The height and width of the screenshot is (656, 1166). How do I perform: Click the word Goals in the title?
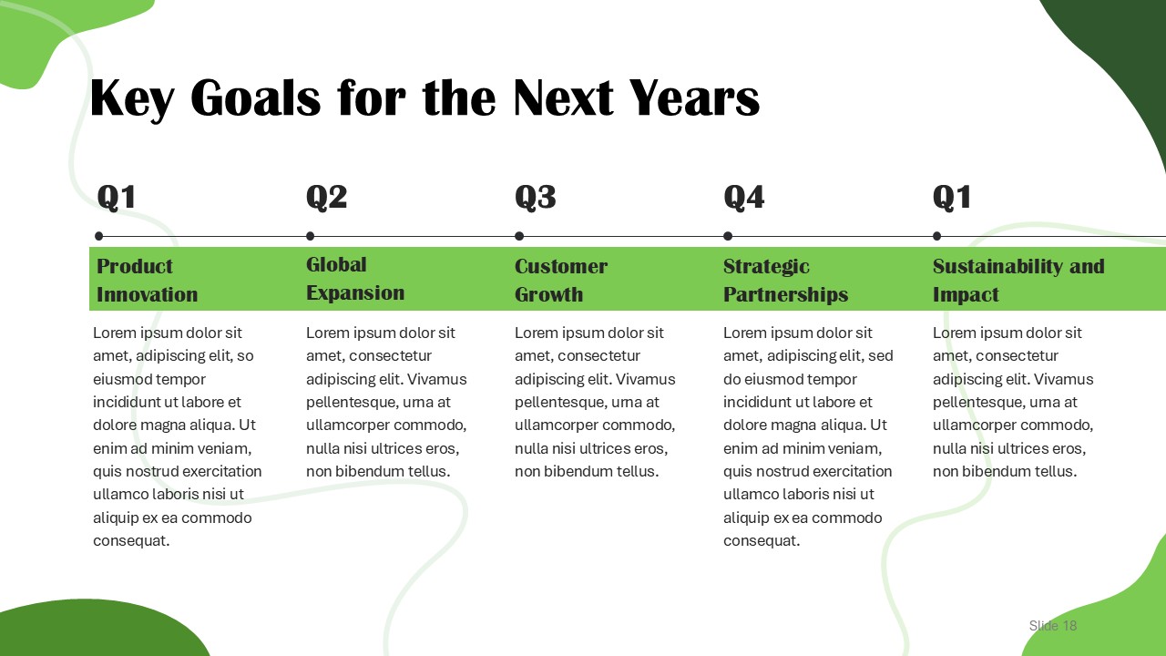pyautogui.click(x=256, y=97)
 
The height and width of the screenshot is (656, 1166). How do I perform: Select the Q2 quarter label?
pyautogui.click(x=326, y=198)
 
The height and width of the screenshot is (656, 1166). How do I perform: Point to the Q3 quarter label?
pyautogui.click(x=535, y=198)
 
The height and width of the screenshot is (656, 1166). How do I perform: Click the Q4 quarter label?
pyautogui.click(x=744, y=198)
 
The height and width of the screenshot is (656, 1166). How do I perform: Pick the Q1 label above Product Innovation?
pyautogui.click(x=117, y=198)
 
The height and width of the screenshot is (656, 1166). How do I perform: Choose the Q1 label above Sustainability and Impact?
pyautogui.click(x=952, y=198)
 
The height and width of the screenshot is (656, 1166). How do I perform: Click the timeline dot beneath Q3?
pyautogui.click(x=519, y=236)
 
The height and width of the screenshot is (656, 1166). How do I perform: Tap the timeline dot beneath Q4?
pyautogui.click(x=728, y=236)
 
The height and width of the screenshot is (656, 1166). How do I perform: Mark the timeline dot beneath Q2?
pyautogui.click(x=311, y=236)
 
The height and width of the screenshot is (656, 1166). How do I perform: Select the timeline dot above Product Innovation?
pyautogui.click(x=99, y=236)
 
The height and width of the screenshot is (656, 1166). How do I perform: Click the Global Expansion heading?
pyautogui.click(x=355, y=279)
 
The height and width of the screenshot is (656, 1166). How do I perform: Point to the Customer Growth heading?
pyautogui.click(x=561, y=280)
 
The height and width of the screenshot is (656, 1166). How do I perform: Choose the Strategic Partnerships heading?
pyautogui.click(x=785, y=280)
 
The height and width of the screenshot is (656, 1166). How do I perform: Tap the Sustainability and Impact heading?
pyautogui.click(x=1018, y=280)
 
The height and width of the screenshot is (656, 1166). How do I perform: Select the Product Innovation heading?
pyautogui.click(x=148, y=280)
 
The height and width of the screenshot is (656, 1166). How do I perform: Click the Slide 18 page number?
pyautogui.click(x=1052, y=625)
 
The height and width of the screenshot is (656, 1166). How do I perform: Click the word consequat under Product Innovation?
pyautogui.click(x=131, y=541)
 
